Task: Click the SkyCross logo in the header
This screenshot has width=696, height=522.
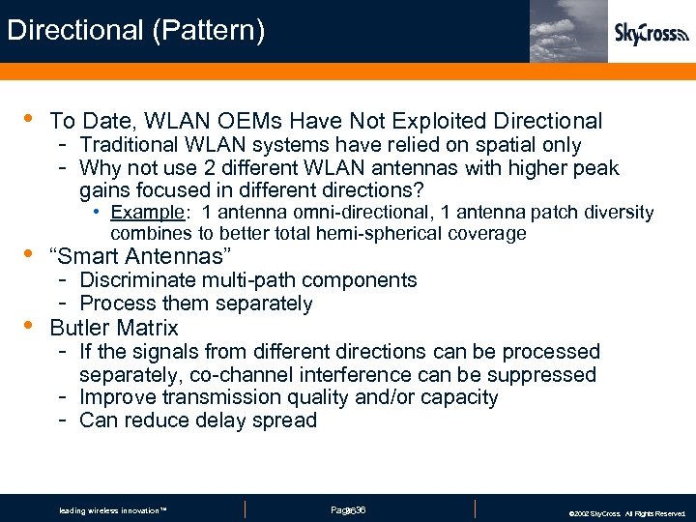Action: coord(652,34)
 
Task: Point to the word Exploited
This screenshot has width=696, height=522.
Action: coord(439,121)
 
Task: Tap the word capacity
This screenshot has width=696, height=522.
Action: coord(460,397)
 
